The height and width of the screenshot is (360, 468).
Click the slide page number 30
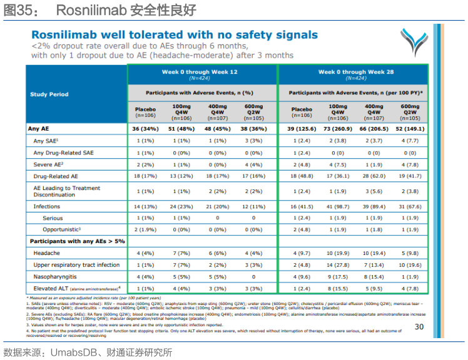[419, 327]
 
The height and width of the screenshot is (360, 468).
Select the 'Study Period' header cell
[49, 94]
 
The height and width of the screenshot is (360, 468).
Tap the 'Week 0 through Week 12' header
[200, 72]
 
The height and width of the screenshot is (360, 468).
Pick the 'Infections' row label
[47, 206]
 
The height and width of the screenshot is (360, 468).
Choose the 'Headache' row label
[47, 253]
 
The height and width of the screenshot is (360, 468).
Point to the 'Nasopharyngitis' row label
[55, 276]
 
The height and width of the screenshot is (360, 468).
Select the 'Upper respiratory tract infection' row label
[76, 265]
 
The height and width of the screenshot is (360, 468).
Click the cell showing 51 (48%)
[181, 129]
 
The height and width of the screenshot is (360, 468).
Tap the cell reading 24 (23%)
[181, 206]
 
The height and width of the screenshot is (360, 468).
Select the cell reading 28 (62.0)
[374, 176]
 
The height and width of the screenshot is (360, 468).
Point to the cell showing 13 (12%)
[181, 176]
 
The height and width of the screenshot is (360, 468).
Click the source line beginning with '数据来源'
[88, 352]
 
